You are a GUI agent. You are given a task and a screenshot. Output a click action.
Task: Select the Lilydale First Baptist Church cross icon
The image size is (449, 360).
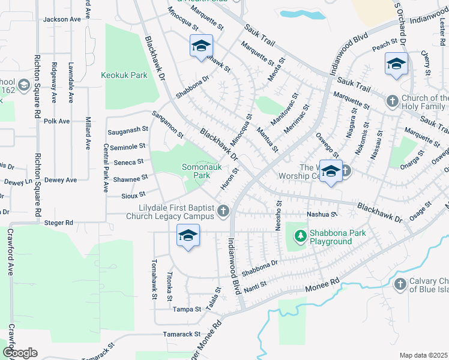coord(223,211)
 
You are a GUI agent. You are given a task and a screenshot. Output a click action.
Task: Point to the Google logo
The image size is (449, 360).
coord(20,353)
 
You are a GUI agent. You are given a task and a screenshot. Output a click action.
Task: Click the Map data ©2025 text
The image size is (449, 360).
coord(424,355)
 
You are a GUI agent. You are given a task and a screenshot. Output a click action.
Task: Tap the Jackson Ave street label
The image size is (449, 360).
coord(62,20)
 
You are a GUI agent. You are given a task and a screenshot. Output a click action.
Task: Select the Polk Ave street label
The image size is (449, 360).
coord(57,121)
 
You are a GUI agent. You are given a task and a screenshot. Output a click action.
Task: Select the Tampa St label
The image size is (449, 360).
coord(186,310)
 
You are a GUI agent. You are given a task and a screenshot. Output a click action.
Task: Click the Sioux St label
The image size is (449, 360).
coord(134,194)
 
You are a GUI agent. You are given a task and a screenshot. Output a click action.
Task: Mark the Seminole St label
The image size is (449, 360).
coord(128,146)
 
